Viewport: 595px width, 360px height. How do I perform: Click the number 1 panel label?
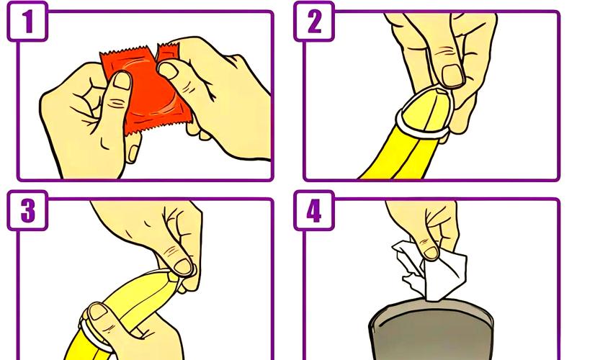tap(27, 22)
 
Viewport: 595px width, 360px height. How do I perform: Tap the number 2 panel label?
tap(314, 22)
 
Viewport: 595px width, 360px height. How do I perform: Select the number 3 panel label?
tap(27, 210)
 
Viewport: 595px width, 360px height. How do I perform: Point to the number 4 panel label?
tap(314, 210)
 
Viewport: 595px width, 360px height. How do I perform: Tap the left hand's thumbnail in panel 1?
tap(122, 81)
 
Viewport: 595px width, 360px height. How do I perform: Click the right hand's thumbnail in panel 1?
tap(167, 71)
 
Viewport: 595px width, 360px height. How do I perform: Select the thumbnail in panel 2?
tap(452, 76)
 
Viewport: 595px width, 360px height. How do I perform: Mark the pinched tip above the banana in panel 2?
tap(441, 91)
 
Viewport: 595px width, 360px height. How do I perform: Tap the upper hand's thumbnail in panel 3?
tap(183, 266)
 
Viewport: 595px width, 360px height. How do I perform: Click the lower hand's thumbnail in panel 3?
tap(98, 312)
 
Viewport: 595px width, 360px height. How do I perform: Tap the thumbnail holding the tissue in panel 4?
tap(431, 253)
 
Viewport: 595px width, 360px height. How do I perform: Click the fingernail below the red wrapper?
tap(133, 153)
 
